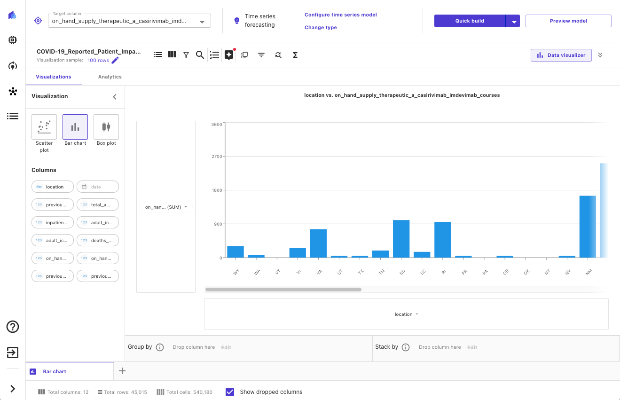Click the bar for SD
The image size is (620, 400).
[401, 239]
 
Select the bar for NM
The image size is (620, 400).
[588, 227]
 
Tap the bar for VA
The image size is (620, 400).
[318, 243]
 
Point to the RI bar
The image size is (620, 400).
[443, 239]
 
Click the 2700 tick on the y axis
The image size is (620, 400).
[217, 157]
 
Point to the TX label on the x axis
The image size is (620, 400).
[361, 272]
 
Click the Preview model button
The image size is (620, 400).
[568, 21]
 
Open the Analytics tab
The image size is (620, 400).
[110, 77]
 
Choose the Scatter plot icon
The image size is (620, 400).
[44, 127]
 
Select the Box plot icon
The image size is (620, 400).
[106, 127]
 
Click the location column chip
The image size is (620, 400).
[53, 187]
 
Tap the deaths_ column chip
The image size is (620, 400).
[98, 240]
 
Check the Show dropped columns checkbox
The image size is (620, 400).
[230, 392]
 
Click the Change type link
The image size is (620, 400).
[321, 27]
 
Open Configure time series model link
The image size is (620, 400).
[341, 15]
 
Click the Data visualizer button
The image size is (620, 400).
[561, 55]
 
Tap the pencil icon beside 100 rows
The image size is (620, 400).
[115, 60]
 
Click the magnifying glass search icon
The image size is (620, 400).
[200, 55]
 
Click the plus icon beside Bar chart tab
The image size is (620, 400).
[122, 371]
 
